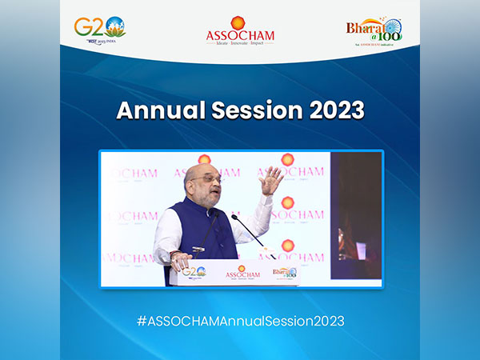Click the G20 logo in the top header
tap(99, 30)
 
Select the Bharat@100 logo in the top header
tap(374, 32)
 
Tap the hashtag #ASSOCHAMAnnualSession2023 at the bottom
tap(240, 320)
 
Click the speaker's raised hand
tap(270, 180)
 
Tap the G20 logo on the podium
tap(194, 272)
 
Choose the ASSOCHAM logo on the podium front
tap(242, 273)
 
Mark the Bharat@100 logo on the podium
tap(285, 273)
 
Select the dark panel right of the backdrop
tap(356, 216)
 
